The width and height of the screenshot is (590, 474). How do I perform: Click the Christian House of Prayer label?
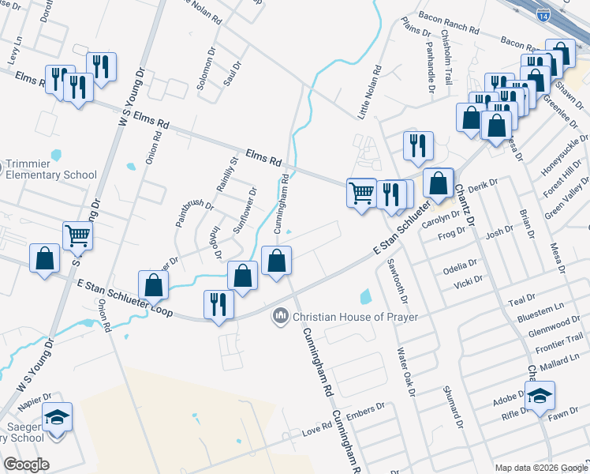tap(355, 317)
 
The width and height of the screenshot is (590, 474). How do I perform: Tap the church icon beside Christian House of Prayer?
tap(279, 318)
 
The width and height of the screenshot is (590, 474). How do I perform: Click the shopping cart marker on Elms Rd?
tap(361, 191)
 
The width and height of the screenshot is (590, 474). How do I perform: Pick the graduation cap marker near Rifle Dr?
tap(540, 394)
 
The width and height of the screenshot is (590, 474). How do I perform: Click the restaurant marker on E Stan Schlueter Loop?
tap(218, 304)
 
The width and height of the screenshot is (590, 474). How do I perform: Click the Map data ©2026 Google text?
tap(540, 467)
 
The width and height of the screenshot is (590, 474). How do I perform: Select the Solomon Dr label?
tap(206, 70)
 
